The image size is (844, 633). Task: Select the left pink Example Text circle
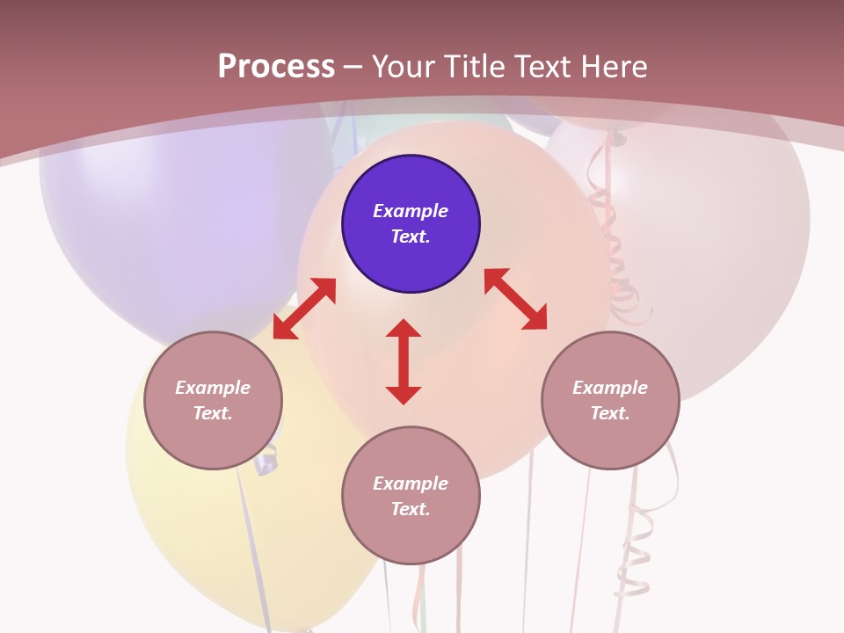pyautogui.click(x=213, y=400)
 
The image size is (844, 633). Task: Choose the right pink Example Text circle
pyautogui.click(x=610, y=400)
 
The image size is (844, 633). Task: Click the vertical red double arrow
pyautogui.click(x=404, y=361)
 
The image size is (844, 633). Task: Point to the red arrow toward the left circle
pyautogui.click(x=304, y=309)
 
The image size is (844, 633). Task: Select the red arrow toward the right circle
pyautogui.click(x=515, y=299)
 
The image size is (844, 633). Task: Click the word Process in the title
pyautogui.click(x=276, y=67)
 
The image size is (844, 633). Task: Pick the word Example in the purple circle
pyautogui.click(x=411, y=211)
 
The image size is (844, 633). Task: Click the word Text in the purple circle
pyautogui.click(x=410, y=236)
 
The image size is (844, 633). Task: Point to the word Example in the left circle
pyautogui.click(x=213, y=388)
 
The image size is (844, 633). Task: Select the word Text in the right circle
pyautogui.click(x=609, y=413)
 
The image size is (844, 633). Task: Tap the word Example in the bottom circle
pyautogui.click(x=411, y=484)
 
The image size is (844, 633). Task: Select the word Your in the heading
pyautogui.click(x=405, y=67)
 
